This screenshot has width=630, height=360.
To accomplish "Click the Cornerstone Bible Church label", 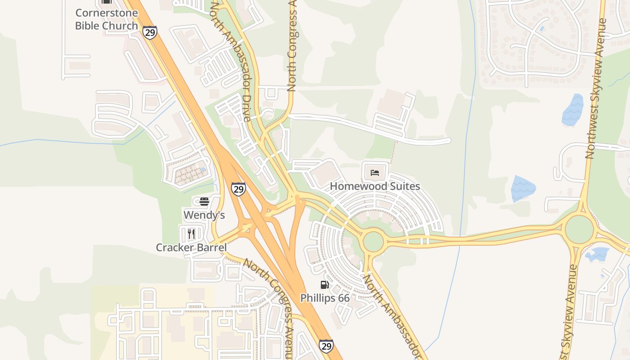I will (x=106, y=19).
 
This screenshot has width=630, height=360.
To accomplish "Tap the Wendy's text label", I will (x=204, y=215).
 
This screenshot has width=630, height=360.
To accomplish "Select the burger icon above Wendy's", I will (x=204, y=201).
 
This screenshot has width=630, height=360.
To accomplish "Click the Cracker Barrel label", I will (x=191, y=247).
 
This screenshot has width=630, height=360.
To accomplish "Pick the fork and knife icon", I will (x=191, y=234).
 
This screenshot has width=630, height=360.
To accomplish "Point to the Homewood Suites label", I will (x=375, y=186).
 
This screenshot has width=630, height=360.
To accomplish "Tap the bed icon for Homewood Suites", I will (x=375, y=172).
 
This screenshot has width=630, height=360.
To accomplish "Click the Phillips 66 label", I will (x=325, y=298).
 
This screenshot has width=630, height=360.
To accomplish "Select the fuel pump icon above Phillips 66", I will (x=324, y=284).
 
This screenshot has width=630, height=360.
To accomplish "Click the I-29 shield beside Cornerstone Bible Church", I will (x=150, y=32).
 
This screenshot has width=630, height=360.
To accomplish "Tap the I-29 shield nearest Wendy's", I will (x=238, y=189).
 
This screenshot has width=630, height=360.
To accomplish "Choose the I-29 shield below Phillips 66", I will (x=326, y=346).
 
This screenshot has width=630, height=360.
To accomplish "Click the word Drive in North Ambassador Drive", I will (x=246, y=108).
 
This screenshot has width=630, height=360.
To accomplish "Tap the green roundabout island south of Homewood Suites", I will (x=373, y=242).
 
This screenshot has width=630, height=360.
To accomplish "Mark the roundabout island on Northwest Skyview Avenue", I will (x=579, y=229).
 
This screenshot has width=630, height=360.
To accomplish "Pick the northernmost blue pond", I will (x=573, y=110).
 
